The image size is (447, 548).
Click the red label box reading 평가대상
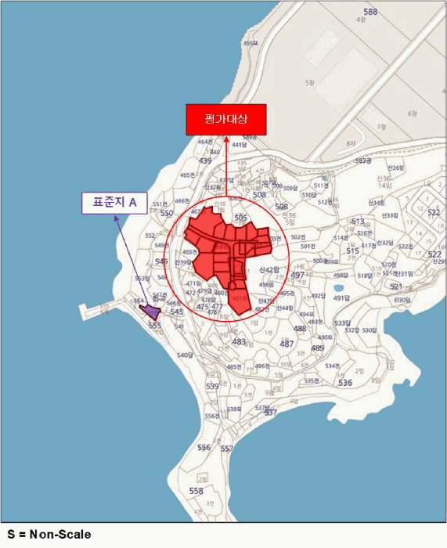pyautogui.click(x=225, y=120)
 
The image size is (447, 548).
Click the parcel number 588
pyautogui.click(x=370, y=12)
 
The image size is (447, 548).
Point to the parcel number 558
pyautogui.click(x=196, y=491)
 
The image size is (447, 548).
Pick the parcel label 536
pyautogui.click(x=345, y=383)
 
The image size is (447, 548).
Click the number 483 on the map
pyautogui.click(x=239, y=342)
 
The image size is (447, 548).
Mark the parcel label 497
pyautogui.click(x=297, y=276)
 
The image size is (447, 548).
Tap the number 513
pyautogui.click(x=358, y=222)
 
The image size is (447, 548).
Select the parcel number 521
pyautogui.click(x=396, y=287)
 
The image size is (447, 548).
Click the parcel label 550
pyautogui.click(x=166, y=213)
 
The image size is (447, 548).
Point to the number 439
pyautogui.click(x=205, y=160)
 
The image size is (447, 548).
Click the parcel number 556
pyautogui.click(x=204, y=447)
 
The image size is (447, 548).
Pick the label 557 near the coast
pyautogui.click(x=226, y=449)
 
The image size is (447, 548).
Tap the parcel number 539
pyautogui.click(x=212, y=386)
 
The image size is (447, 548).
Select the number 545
pyautogui.click(x=177, y=312)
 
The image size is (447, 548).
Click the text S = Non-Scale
pyautogui.click(x=49, y=535)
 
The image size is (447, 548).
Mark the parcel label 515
pyautogui.click(x=352, y=251)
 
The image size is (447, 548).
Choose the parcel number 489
pyautogui.click(x=317, y=348)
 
